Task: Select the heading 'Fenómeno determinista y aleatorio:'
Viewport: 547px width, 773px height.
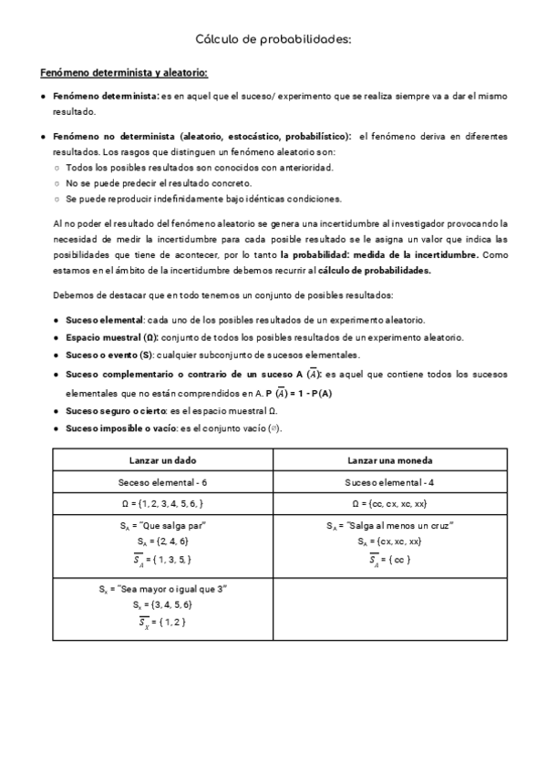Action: pyautogui.click(x=124, y=73)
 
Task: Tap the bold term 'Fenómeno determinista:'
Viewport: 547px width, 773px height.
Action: pyautogui.click(x=106, y=96)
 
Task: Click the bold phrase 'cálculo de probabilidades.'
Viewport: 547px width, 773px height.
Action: pyautogui.click(x=375, y=270)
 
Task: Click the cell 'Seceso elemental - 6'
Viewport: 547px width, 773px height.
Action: pyautogui.click(x=162, y=481)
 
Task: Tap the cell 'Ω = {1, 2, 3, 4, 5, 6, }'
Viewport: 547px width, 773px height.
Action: pyautogui.click(x=162, y=504)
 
